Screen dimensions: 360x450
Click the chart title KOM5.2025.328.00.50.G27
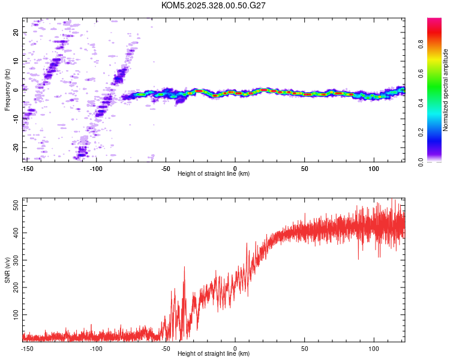click(214, 5)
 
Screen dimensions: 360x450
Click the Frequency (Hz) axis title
click(7, 90)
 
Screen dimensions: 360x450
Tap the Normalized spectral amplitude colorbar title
click(446, 90)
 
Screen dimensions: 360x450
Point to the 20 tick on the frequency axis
click(17, 33)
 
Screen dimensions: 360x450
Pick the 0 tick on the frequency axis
click(17, 90)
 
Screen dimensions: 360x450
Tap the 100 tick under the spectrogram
click(374, 168)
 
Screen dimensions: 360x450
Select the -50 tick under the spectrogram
click(166, 168)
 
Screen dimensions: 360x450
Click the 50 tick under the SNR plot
click(305, 348)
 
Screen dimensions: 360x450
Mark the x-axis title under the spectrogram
click(214, 174)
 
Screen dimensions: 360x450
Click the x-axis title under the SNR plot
click(214, 354)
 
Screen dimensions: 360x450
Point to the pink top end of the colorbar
click(434, 21)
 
